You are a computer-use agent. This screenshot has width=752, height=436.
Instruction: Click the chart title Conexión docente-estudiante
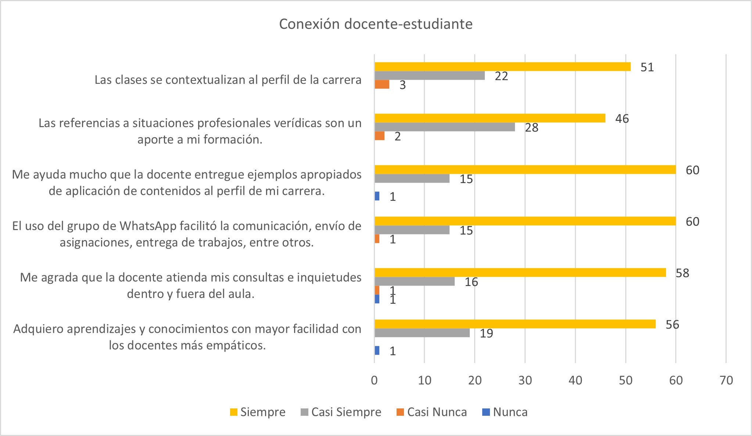point(376,24)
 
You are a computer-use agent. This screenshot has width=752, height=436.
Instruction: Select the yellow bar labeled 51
point(502,67)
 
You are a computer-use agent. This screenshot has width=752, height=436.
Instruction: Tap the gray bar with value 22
point(429,75)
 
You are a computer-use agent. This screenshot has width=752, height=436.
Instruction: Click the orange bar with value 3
point(382,84)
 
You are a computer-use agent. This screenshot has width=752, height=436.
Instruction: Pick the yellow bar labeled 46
point(490,118)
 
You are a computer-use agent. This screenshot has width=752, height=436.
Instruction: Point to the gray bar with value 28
point(444,127)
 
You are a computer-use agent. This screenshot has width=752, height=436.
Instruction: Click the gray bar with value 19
point(422,333)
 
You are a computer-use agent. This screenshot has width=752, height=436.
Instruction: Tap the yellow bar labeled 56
point(515,324)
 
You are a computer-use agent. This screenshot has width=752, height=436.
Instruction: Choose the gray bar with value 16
point(414,281)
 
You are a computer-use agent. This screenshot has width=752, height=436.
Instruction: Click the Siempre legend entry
point(258,412)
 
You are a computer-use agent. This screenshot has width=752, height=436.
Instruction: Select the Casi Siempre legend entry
point(341,412)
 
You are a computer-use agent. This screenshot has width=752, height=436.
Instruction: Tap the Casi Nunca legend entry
point(432,412)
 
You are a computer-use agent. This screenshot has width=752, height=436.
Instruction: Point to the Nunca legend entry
point(505,412)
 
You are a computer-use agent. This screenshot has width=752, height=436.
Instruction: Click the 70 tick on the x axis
point(726,380)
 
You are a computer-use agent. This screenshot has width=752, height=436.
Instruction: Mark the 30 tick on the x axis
point(525,380)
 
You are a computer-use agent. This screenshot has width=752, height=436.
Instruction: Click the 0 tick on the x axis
point(374,380)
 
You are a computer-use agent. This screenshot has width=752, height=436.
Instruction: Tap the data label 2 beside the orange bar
point(397,136)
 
